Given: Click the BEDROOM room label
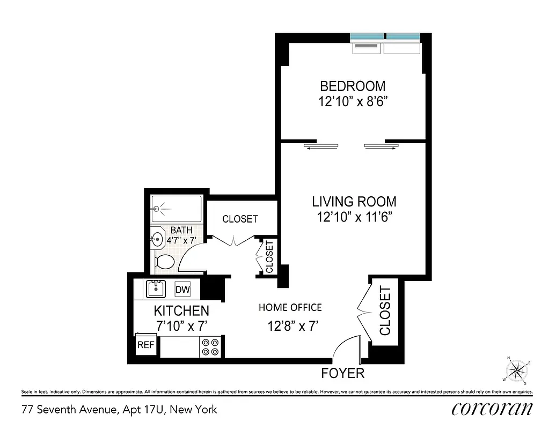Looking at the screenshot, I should (353, 86).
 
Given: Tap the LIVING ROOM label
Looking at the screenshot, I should (354, 202).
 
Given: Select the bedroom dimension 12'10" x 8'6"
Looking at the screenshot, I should (353, 102).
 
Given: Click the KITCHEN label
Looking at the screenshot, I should (181, 310).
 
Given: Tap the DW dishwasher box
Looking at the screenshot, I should (183, 290).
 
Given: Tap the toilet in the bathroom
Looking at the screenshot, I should (165, 262).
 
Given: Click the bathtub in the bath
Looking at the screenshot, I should (177, 209).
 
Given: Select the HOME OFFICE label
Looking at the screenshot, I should (290, 307).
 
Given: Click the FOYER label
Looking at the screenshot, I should (342, 373).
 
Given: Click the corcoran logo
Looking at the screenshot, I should (492, 409).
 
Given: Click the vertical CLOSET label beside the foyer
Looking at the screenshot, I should (385, 311).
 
